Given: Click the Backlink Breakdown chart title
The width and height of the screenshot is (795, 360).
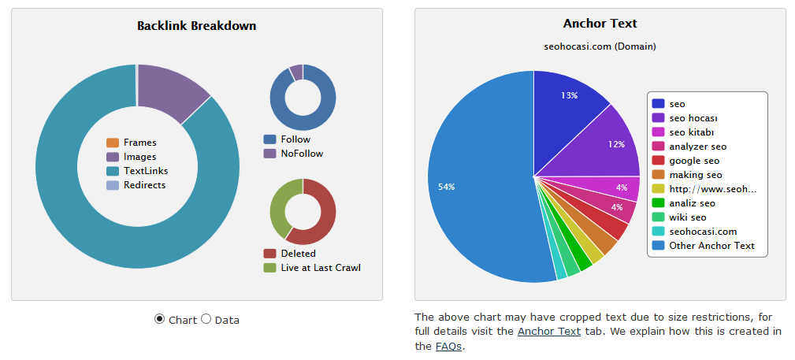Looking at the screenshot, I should [196, 26].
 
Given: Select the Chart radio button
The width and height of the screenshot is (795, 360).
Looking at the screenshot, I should [160, 319].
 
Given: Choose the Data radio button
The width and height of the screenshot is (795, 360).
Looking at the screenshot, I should [206, 319].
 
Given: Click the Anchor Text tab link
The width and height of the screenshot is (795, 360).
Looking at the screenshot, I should [548, 332].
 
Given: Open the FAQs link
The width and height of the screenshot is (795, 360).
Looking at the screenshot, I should [448, 346].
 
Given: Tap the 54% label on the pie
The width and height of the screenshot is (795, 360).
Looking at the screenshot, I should [446, 187].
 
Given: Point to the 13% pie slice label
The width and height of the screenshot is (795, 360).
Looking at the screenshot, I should [569, 95].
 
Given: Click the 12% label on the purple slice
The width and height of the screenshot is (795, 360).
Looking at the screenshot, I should [616, 144].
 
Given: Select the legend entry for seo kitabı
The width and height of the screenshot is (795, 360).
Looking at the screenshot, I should [692, 132].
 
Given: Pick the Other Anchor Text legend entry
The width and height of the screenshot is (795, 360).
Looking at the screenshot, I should [711, 246].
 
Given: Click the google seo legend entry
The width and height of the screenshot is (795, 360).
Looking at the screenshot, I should [694, 161].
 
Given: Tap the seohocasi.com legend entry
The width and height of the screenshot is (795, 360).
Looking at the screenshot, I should [703, 232].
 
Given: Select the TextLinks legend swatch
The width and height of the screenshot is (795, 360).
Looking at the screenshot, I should [113, 171].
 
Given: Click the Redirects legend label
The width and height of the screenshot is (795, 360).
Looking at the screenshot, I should [144, 185].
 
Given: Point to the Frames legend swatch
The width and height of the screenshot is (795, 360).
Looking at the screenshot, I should [113, 143].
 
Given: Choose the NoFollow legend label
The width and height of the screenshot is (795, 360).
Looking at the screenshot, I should [302, 154].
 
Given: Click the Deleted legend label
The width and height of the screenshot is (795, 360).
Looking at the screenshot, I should [298, 254].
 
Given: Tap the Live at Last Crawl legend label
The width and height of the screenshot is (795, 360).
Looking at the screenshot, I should [320, 268].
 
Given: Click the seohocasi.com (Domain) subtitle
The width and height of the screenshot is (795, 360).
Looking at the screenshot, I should [600, 46].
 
